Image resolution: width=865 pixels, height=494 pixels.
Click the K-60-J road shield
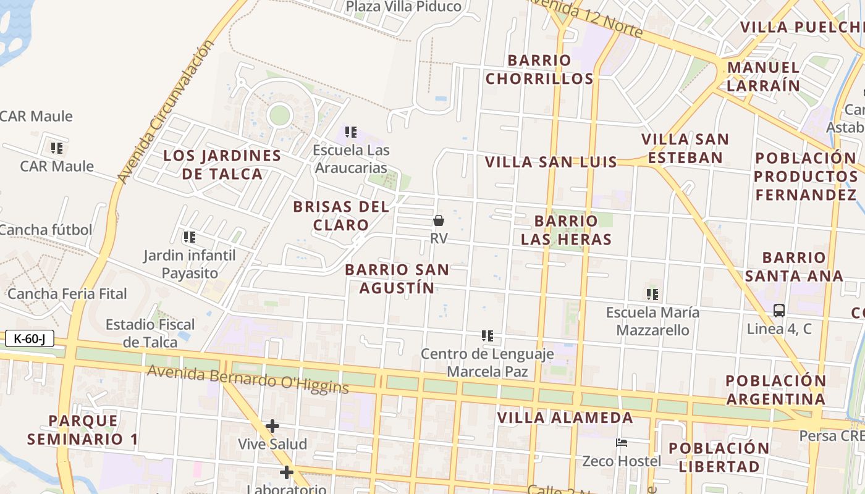click(29, 338)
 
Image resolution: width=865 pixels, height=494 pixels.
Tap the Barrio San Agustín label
click(397, 278)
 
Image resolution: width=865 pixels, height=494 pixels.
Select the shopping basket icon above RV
click(439, 220)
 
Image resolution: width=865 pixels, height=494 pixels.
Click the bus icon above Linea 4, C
click(779, 311)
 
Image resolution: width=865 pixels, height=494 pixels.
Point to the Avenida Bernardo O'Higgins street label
click(248, 379)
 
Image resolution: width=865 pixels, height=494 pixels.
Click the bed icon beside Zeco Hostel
click(622, 443)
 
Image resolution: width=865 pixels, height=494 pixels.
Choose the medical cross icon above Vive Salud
click(272, 426)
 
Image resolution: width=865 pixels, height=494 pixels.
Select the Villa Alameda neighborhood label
click(565, 418)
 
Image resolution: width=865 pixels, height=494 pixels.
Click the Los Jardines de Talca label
click(222, 164)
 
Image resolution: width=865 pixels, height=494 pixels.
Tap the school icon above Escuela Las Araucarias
click(351, 132)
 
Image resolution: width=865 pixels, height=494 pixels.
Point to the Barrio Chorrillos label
click(539, 69)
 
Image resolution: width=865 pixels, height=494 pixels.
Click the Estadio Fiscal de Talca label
click(150, 333)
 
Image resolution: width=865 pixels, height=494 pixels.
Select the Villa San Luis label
click(551, 162)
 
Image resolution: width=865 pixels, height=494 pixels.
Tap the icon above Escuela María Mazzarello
click(652, 295)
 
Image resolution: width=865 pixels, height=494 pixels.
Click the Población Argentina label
click(776, 390)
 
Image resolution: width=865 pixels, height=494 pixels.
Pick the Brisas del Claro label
click(341, 215)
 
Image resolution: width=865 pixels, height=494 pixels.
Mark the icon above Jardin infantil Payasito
click(190, 237)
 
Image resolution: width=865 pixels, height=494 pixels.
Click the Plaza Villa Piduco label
click(403, 7)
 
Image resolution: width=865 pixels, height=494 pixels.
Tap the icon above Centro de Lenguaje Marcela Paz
click(487, 336)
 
